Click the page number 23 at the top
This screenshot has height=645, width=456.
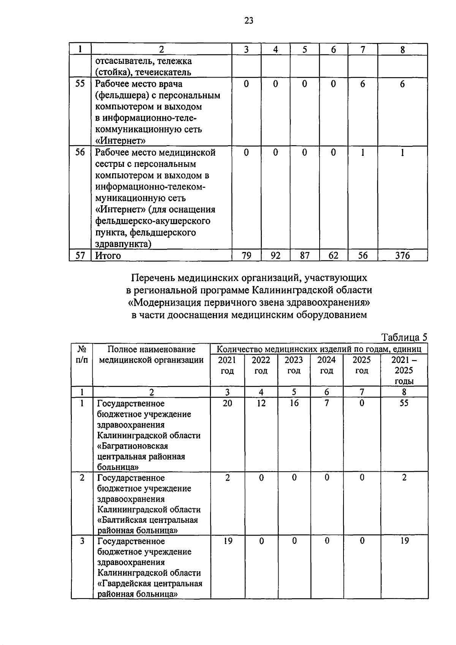(x=249, y=21)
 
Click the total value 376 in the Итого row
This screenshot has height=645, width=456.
(x=402, y=255)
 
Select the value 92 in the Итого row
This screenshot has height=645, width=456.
(x=275, y=255)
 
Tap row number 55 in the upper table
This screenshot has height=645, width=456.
(x=80, y=84)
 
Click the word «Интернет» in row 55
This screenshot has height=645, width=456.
(x=120, y=141)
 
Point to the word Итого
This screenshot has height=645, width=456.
(x=108, y=255)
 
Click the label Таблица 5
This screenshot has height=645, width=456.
(x=404, y=338)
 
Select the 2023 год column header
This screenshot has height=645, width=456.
(x=294, y=365)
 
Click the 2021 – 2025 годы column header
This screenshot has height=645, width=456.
(x=404, y=370)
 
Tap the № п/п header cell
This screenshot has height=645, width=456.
(x=82, y=354)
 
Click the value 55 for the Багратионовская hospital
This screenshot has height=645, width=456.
(x=404, y=403)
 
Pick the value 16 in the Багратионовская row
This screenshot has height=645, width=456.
(x=294, y=403)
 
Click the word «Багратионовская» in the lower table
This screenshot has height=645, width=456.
(x=133, y=445)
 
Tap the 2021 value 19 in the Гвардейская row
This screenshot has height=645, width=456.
(x=227, y=540)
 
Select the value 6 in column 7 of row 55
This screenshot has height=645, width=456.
(x=363, y=84)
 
